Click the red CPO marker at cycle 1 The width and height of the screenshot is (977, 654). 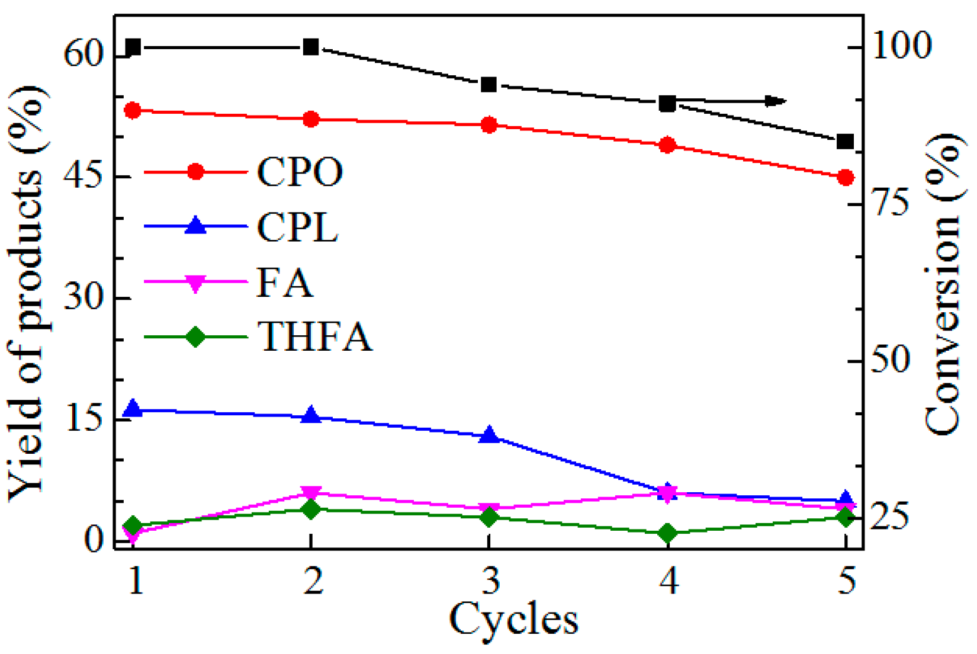(x=133, y=110)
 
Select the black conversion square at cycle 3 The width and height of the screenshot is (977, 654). (x=489, y=85)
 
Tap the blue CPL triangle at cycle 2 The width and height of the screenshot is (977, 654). (x=311, y=415)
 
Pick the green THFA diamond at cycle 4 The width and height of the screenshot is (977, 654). (x=668, y=533)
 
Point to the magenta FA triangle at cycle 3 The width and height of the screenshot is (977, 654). (x=489, y=509)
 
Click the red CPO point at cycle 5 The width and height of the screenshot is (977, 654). (x=846, y=177)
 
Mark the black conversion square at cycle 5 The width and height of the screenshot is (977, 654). (x=846, y=142)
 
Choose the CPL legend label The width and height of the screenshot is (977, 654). (x=297, y=227)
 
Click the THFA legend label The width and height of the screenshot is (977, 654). (x=314, y=337)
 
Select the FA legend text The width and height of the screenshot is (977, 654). (x=284, y=283)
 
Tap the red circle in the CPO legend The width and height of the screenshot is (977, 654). (x=195, y=172)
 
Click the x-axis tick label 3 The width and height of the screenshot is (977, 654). (x=491, y=581)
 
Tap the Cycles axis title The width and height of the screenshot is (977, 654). (x=513, y=620)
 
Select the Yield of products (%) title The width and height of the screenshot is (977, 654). (x=27, y=293)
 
